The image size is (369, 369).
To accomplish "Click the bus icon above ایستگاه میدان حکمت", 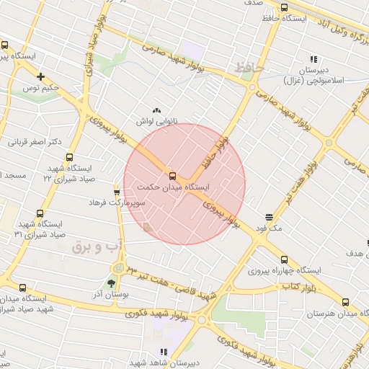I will [172, 176].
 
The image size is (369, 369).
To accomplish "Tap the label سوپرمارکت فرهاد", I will [118, 203].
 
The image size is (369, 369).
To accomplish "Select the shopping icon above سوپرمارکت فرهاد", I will [117, 191].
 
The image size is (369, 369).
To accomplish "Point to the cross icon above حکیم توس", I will [41, 76].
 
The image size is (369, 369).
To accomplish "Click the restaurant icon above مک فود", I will [269, 217].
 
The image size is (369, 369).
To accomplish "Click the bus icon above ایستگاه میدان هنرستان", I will [344, 303].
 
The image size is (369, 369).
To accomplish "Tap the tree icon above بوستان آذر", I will [110, 283].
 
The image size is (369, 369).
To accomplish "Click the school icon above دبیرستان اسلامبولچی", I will [314, 59].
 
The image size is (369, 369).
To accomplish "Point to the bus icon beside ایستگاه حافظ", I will [271, 17].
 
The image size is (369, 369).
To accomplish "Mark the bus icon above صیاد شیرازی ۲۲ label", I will [69, 158].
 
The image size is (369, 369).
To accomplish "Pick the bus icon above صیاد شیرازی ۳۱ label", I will [39, 213].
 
